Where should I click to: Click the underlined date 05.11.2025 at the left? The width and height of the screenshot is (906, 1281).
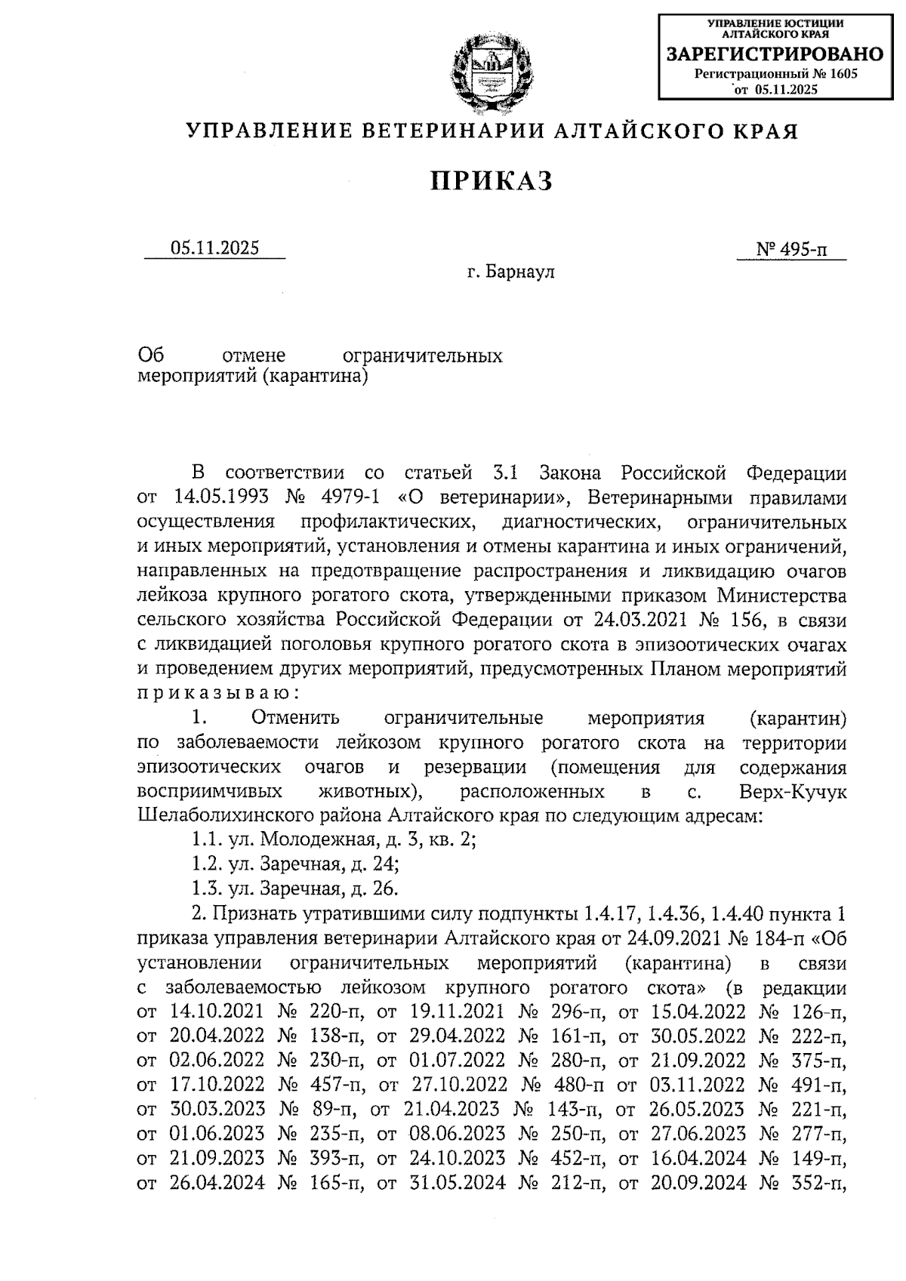pyautogui.click(x=214, y=248)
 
